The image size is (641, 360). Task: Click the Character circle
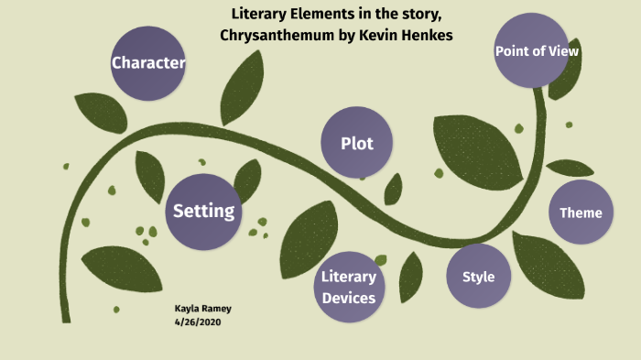[x=147, y=63]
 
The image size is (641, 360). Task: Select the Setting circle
[x=203, y=212]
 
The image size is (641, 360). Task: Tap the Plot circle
[x=356, y=143]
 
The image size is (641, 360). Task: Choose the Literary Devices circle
[x=349, y=287]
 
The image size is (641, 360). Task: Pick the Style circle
[x=478, y=277]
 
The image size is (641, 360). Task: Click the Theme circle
[x=581, y=213]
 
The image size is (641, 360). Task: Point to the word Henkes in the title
[x=425, y=35]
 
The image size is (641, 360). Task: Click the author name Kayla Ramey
[x=202, y=309]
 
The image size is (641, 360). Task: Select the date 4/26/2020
[x=199, y=322]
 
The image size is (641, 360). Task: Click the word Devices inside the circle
[x=349, y=297]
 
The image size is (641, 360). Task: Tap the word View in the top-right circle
[x=564, y=51]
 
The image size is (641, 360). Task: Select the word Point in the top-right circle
[x=513, y=51]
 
